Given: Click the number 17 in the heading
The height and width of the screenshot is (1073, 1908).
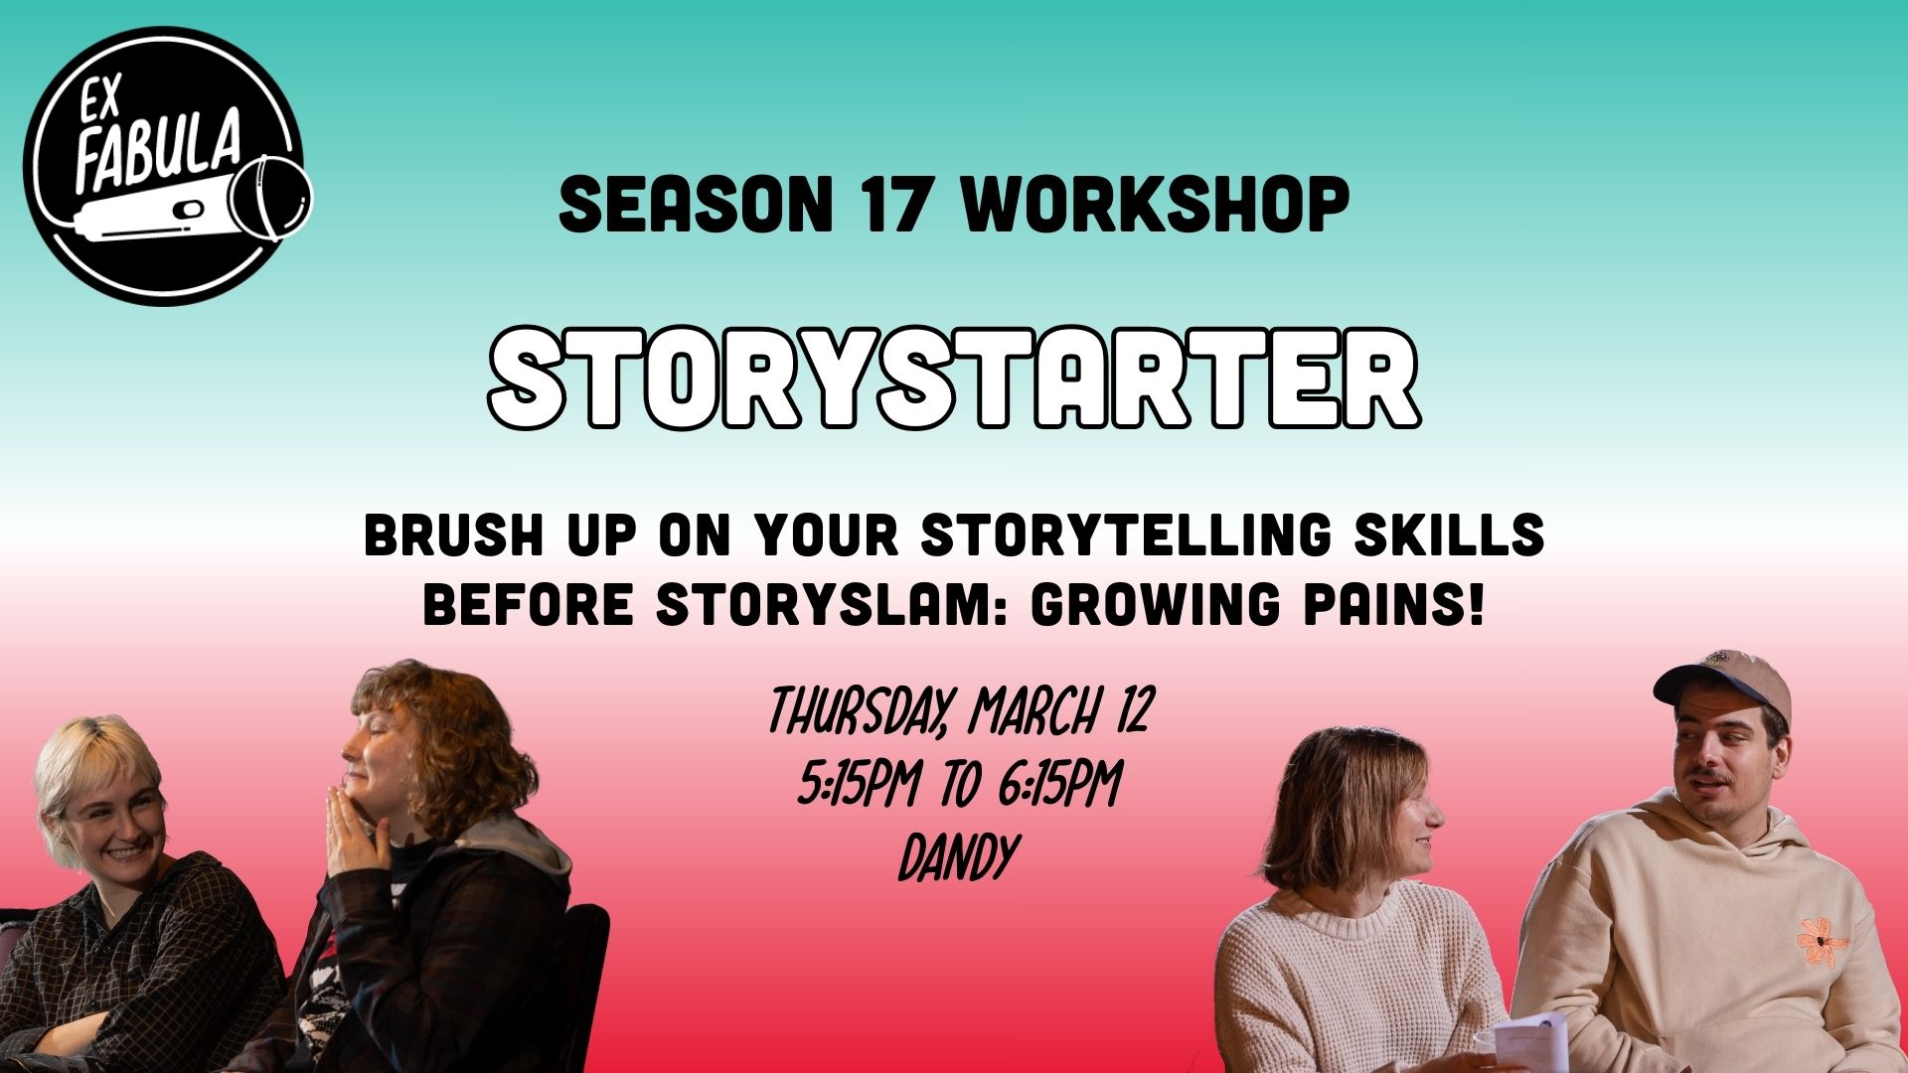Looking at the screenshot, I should coord(897,206).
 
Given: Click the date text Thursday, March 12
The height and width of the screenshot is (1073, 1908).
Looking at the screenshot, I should coord(960,712).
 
